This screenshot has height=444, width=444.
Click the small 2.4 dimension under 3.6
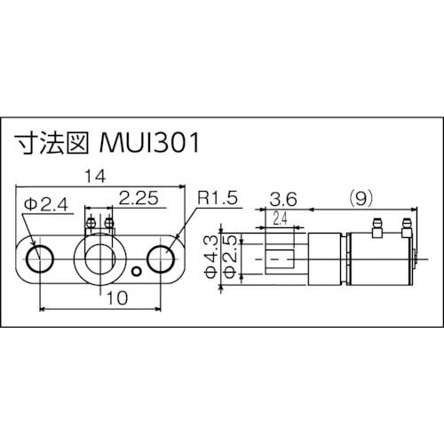[280, 217]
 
